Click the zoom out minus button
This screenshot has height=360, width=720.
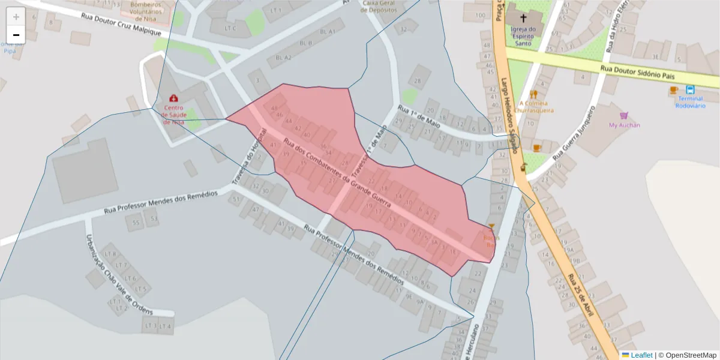(x=16, y=35)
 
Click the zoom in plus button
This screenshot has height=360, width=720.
(x=16, y=17)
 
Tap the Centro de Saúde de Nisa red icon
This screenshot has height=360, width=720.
(x=174, y=98)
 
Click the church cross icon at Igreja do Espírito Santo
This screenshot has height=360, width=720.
(x=523, y=18)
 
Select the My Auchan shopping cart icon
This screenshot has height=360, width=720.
(x=624, y=116)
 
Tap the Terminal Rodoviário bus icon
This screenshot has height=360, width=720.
(x=690, y=90)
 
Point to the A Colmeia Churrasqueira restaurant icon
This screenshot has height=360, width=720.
(x=533, y=94)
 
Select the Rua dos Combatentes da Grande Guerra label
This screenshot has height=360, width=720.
(x=337, y=174)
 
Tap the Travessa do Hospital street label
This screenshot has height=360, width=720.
(x=248, y=155)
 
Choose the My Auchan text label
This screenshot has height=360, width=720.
(x=624, y=125)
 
